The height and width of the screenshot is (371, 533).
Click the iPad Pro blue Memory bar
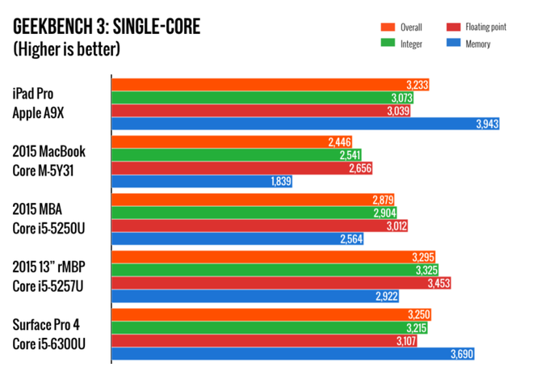coord(299,124)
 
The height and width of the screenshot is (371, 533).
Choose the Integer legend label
coord(411,44)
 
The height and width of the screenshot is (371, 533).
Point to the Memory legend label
coord(477,44)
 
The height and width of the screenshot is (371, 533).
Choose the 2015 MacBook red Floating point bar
coord(242,168)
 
